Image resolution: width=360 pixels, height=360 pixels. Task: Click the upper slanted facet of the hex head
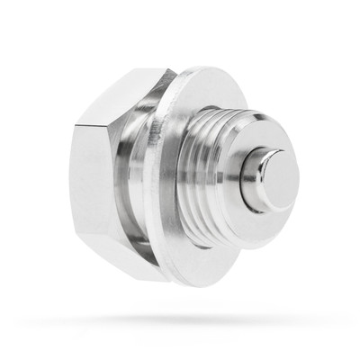click(x=126, y=94)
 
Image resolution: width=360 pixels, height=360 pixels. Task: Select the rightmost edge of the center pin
click(x=293, y=180)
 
